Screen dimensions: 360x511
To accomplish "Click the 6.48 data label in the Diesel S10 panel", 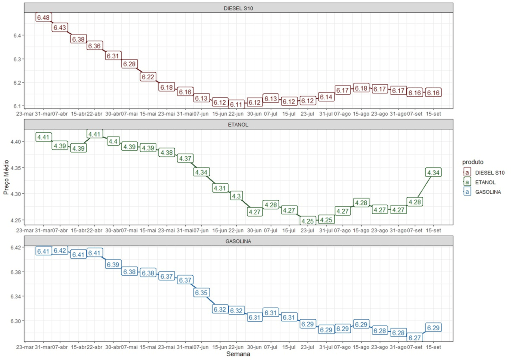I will (43, 18).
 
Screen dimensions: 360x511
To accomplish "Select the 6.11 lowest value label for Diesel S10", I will (236, 104).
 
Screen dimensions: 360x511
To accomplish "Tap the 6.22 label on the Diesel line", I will (148, 77).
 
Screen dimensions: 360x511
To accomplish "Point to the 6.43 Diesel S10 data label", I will (60, 28).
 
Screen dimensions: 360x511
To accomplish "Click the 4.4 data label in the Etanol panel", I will (113, 141).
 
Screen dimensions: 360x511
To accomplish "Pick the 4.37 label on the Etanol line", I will (185, 158).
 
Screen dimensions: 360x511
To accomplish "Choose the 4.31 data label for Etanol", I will (220, 188).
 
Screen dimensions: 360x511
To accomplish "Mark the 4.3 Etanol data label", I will (236, 196).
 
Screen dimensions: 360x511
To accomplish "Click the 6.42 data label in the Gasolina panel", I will (60, 251).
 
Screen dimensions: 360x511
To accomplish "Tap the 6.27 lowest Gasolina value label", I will (415, 338).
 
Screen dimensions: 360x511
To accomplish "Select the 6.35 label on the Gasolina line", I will (202, 292).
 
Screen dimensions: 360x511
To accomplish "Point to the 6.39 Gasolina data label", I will (113, 264).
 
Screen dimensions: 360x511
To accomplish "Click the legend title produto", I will (473, 162).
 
